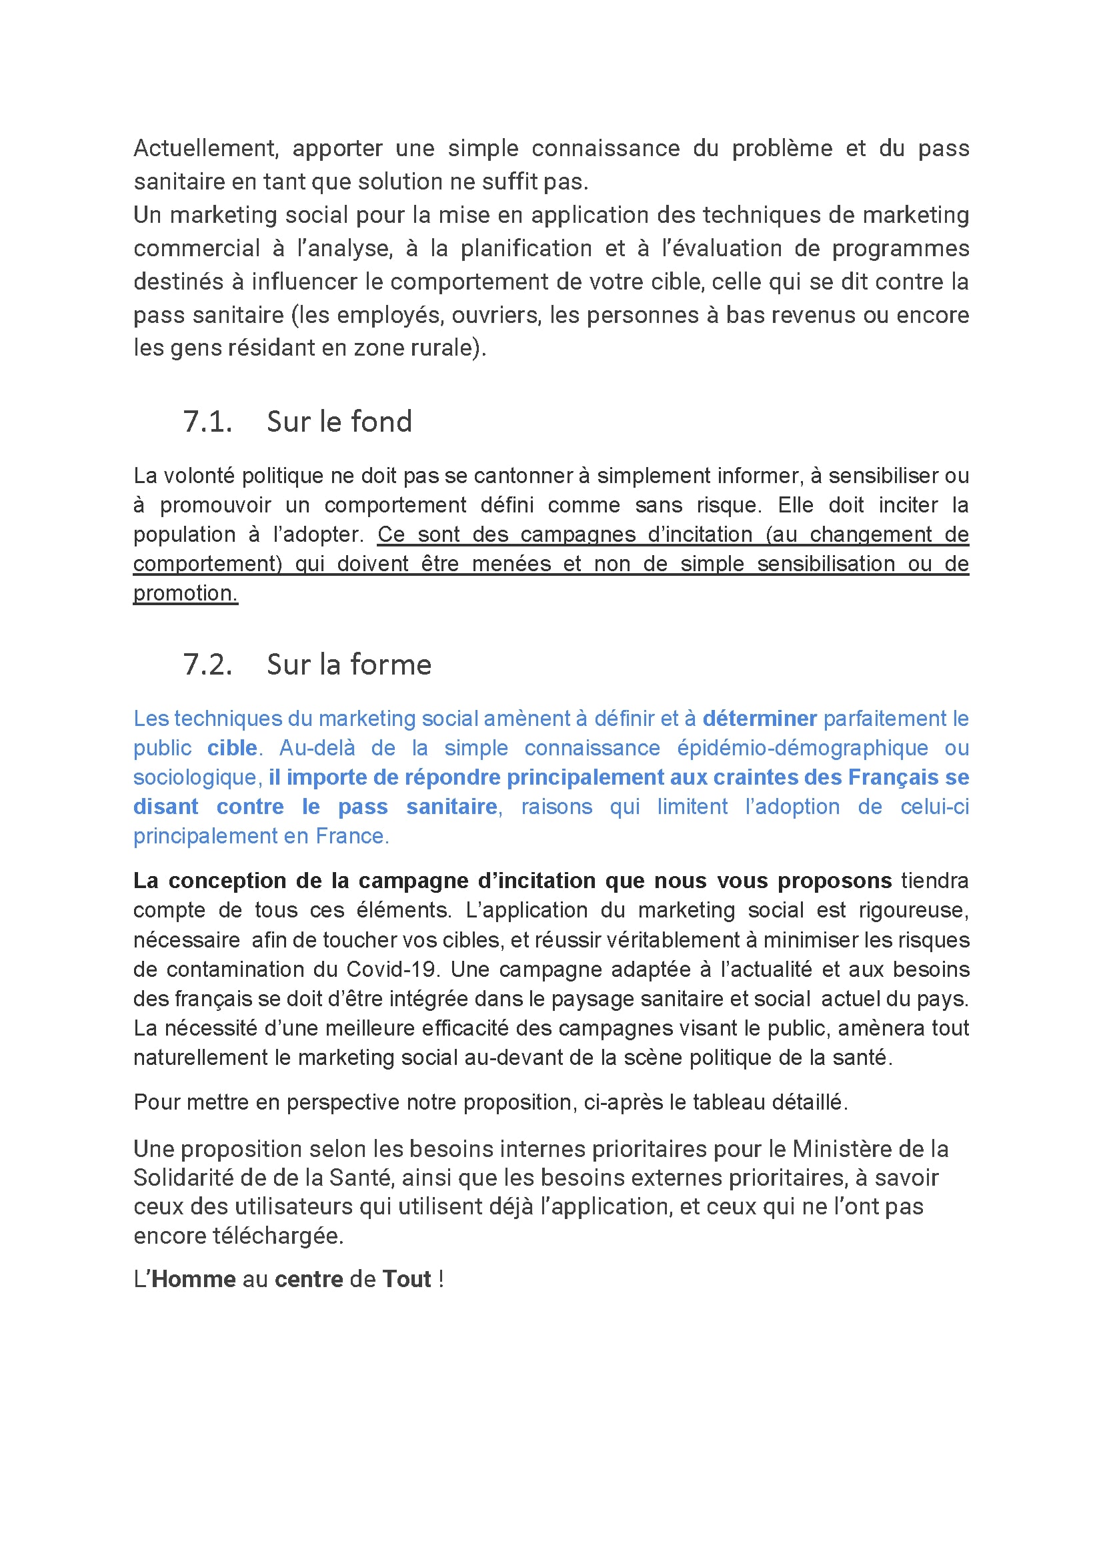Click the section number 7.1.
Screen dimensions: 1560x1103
pyautogui.click(x=207, y=422)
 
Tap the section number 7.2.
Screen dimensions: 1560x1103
pyautogui.click(x=207, y=665)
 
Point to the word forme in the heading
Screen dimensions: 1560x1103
pyautogui.click(x=399, y=665)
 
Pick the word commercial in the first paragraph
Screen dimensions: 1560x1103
pyautogui.click(x=197, y=249)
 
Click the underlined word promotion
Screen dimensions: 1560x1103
pyautogui.click(x=185, y=593)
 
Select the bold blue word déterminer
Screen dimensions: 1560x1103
pyautogui.click(x=760, y=719)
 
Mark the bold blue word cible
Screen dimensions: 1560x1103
pyautogui.click(x=232, y=748)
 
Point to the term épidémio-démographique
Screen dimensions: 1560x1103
pyautogui.click(x=802, y=748)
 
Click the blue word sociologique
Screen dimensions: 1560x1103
pyautogui.click(x=194, y=777)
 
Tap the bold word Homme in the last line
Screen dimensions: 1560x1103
pyautogui.click(x=193, y=1279)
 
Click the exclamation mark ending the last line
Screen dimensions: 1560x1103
pyautogui.click(x=441, y=1279)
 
